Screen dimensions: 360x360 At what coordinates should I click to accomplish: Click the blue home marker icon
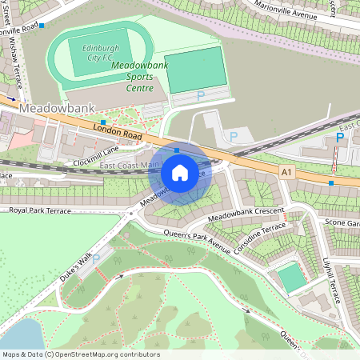[180, 173]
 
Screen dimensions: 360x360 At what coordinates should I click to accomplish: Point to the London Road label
[117, 132]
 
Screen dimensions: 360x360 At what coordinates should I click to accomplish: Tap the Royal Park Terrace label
[40, 211]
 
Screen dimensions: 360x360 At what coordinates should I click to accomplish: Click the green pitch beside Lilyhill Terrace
[291, 278]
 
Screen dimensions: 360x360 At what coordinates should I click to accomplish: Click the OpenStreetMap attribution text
[80, 354]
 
